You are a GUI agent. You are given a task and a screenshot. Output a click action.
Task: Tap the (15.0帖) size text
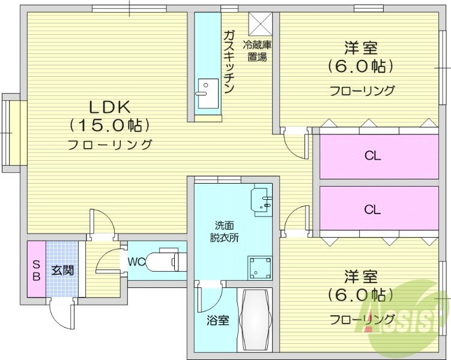[109, 125]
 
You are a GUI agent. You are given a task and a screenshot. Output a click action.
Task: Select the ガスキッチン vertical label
[228, 61]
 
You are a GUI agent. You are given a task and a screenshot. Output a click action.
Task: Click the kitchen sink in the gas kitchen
[207, 88]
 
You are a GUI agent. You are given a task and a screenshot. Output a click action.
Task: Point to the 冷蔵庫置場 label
[257, 50]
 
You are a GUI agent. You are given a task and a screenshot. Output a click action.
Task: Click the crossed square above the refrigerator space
[261, 24]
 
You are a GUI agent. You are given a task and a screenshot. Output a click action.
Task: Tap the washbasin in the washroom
[262, 200]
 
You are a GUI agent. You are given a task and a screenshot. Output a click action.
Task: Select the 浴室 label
[219, 320]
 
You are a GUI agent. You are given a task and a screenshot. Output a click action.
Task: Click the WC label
[136, 262]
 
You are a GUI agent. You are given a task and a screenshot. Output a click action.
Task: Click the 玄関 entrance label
[62, 271]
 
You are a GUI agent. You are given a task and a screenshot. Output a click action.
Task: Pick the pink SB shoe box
[36, 270]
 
